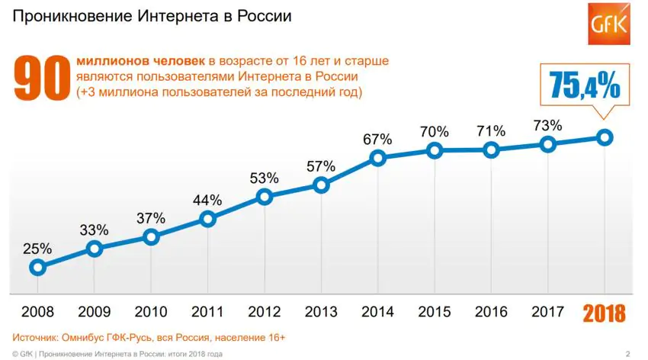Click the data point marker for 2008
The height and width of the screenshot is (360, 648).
37,267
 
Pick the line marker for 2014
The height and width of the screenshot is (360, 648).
377,158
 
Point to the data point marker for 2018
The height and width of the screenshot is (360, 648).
605,137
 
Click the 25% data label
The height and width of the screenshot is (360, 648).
37,248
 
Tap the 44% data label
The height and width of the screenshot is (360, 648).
207,200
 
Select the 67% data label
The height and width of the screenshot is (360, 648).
377,139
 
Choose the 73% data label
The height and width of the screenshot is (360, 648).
548,125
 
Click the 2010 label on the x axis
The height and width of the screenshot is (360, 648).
150,312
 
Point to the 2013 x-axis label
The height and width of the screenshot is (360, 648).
321,312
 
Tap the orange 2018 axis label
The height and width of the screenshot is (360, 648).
605,313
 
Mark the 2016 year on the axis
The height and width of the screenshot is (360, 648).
491,312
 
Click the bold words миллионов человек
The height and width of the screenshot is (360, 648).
140,60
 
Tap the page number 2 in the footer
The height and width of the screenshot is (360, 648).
627,353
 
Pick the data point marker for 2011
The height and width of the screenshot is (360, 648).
207,220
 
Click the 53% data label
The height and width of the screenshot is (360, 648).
265,178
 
